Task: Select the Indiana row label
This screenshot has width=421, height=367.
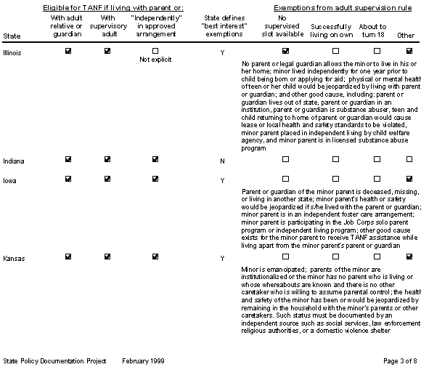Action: tap(12, 160)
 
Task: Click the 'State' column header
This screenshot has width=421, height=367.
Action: tap(12, 35)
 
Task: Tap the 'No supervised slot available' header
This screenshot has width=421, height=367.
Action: tap(285, 26)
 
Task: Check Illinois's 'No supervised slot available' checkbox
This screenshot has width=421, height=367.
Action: tap(285, 52)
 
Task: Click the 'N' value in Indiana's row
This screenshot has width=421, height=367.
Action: tap(222, 160)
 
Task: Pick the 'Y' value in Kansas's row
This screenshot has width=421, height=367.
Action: tap(222, 258)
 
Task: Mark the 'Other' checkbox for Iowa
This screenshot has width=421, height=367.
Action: tap(409, 179)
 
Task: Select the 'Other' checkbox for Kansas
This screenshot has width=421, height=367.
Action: tap(409, 257)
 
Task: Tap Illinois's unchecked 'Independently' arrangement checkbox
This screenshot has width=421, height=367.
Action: tap(155, 52)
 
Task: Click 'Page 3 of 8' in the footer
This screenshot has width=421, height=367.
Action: tap(398, 360)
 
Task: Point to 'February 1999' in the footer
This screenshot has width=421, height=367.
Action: tap(144, 360)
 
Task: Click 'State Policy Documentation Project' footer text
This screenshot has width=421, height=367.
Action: tap(54, 360)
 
